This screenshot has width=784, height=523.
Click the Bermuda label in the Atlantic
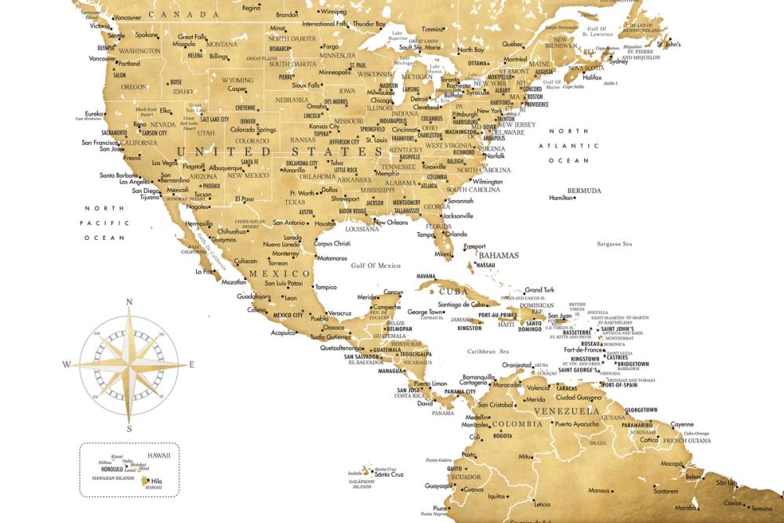point(585,191)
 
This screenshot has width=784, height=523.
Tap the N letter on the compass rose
point(129,302)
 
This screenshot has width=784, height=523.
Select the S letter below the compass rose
point(129,428)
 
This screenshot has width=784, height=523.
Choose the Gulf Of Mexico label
point(376,266)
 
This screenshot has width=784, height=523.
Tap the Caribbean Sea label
point(488,351)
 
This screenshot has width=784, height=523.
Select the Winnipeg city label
point(334,13)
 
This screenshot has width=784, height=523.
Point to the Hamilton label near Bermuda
point(561,198)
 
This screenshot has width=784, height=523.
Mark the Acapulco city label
point(283,332)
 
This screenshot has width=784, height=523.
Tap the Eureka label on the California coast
point(93,113)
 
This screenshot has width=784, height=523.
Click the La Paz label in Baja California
point(203,272)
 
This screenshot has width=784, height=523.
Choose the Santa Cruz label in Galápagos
point(389,474)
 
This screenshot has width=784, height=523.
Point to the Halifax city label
point(614,78)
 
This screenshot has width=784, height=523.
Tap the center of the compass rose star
point(129,364)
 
